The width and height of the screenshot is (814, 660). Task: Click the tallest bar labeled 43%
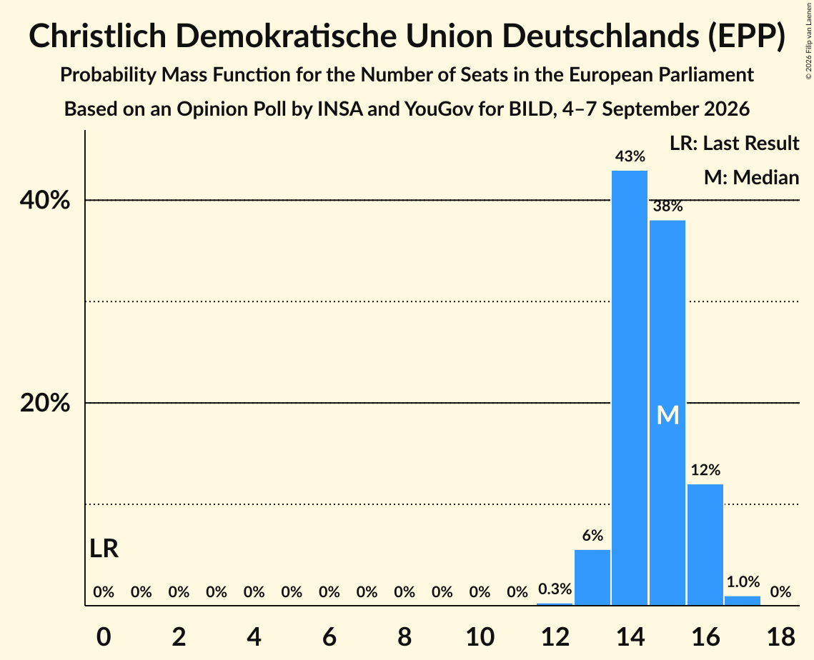[630, 388]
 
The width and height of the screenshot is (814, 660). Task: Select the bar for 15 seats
[667, 413]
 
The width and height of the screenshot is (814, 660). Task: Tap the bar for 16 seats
[705, 544]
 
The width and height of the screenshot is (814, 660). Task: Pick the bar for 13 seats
[592, 577]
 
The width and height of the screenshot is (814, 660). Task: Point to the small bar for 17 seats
[743, 600]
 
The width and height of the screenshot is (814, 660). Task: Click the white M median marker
[667, 415]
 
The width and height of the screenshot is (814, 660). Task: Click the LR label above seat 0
[104, 549]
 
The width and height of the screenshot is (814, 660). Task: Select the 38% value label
[667, 206]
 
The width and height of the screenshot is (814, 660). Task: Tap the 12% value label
[705, 469]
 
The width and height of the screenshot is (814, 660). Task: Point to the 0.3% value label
[555, 589]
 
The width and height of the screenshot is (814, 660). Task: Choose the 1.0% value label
[743, 581]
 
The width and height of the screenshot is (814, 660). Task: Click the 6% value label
[592, 535]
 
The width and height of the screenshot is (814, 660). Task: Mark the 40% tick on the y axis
[44, 200]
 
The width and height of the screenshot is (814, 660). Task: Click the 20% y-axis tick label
[44, 403]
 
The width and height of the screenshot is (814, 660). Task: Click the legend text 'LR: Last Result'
[734, 143]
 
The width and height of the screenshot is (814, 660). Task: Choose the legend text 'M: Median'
[751, 177]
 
